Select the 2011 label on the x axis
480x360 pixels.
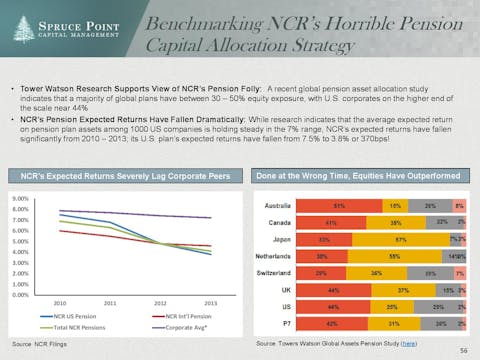(x=110, y=303)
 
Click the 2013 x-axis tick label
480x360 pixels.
(x=211, y=303)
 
